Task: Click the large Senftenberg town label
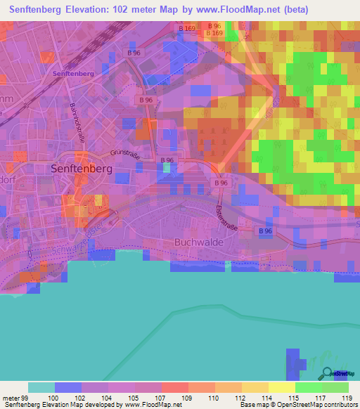(x=83, y=169)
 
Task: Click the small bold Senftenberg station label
(x=73, y=73)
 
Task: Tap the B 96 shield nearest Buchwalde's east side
(x=264, y=231)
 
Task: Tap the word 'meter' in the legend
(x=10, y=398)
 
